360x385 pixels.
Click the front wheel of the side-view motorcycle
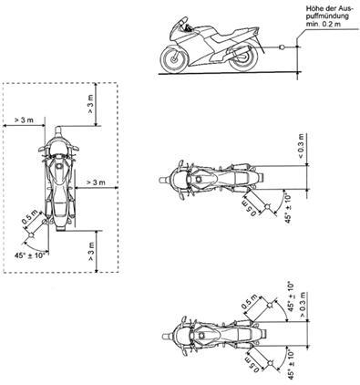pos(173,59)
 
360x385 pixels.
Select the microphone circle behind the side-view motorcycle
pos(282,47)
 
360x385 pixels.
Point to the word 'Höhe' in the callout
pos(313,9)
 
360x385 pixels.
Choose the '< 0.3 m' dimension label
pos(300,146)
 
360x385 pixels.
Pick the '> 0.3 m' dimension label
pos(303,305)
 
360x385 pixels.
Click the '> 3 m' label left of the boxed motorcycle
pos(24,120)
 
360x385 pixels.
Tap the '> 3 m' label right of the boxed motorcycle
pos(96,182)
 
